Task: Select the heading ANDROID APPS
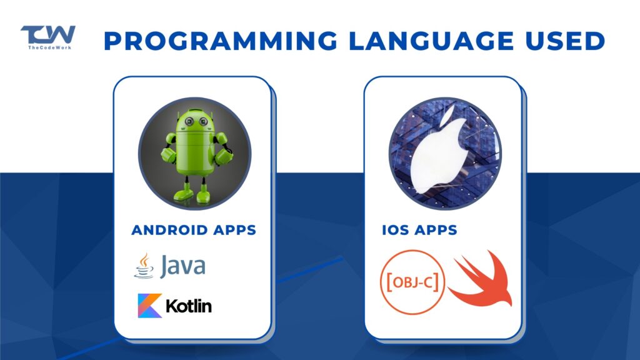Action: click(x=193, y=230)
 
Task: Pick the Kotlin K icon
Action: click(x=150, y=306)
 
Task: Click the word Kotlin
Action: click(x=189, y=306)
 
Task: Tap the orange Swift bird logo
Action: click(x=480, y=280)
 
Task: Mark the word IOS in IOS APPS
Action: click(x=394, y=230)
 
